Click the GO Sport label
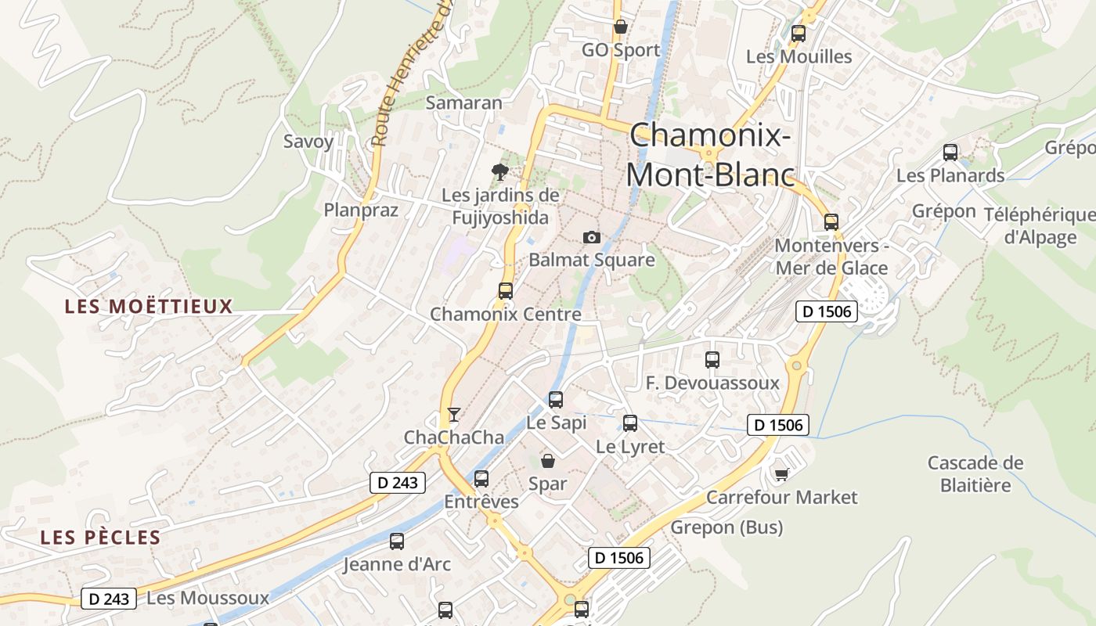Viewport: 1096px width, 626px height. coord(621,50)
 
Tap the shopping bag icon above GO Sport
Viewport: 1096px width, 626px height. coord(621,27)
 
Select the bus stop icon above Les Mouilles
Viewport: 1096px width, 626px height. coord(799,34)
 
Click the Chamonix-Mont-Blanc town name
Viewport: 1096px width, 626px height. coord(709,154)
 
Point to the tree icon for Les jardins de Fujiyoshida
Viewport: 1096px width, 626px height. coord(499,171)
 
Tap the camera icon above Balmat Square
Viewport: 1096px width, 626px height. coord(592,237)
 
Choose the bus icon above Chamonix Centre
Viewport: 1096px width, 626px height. coord(506,291)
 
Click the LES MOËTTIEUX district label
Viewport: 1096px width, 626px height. coord(149,306)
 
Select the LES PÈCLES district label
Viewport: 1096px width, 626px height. coord(100,538)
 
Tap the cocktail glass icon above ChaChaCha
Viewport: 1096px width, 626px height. coord(453,414)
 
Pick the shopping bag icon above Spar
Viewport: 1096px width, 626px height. coord(548,461)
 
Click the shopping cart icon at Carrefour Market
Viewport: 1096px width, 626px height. coord(781,474)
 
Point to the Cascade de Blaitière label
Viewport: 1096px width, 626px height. coord(975,473)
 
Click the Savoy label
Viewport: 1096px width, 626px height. coord(308,142)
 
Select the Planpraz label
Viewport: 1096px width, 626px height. coord(361,210)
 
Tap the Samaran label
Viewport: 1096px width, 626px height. coord(464,103)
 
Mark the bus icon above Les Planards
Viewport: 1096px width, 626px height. coord(950,153)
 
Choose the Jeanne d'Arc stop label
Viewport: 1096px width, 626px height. coord(397,563)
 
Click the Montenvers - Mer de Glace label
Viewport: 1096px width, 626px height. coord(831,257)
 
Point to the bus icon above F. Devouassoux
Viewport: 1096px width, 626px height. coord(712,360)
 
